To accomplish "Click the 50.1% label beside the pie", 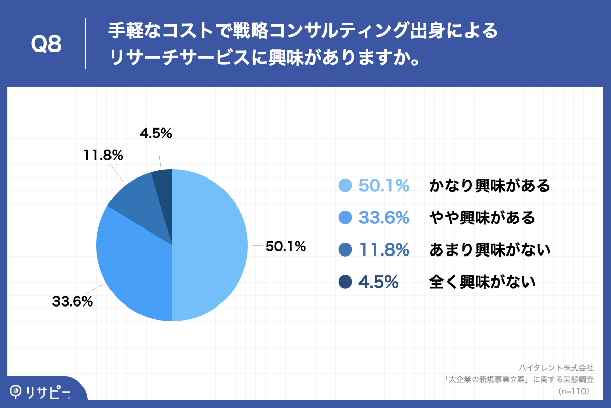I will tap(286, 247).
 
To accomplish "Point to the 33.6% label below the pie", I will tap(72, 301).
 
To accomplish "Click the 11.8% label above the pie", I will tap(103, 155).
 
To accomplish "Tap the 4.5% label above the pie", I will tap(155, 134).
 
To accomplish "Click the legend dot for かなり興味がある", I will tap(345, 186).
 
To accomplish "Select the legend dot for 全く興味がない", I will tap(345, 282).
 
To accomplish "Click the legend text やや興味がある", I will tap(482, 218).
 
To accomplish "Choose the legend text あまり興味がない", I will tap(490, 250).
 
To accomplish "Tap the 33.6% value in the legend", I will tap(384, 218).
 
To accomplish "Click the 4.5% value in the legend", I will tap(378, 282).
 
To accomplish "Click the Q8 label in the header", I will tap(46, 45).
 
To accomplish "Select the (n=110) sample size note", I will tap(573, 391).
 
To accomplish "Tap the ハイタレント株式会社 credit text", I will tap(557, 367).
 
